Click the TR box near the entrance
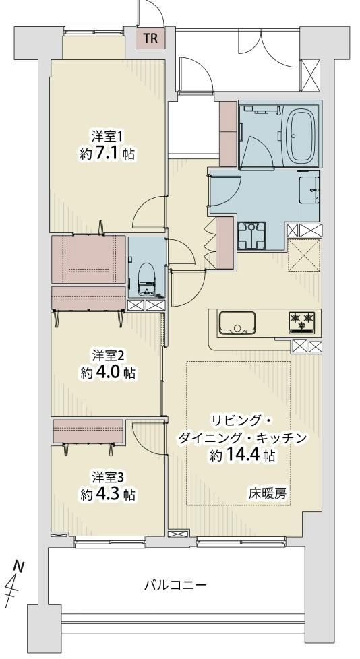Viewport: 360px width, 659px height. click(150, 38)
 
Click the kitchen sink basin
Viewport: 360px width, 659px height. click(237, 323)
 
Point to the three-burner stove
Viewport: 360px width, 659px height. click(302, 323)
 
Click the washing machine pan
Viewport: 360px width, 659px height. click(251, 236)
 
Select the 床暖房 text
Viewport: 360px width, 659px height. click(268, 495)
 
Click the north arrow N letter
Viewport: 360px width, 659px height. click(18, 566)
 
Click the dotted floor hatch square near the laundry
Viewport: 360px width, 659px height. click(304, 255)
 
